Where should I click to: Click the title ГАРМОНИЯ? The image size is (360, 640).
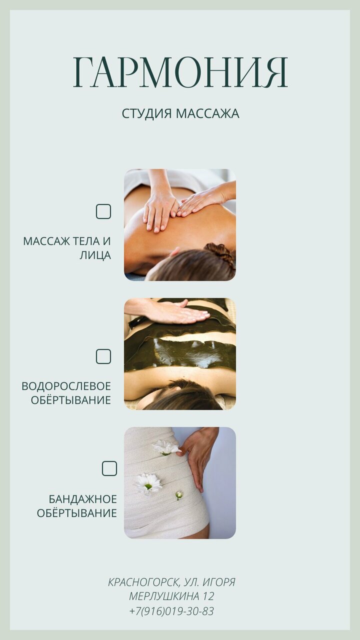pos(180,72)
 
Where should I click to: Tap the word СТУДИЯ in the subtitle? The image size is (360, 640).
pos(147,113)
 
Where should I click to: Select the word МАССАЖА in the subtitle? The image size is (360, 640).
pos(207,113)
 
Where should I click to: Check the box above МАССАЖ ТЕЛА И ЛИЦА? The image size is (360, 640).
pos(103,211)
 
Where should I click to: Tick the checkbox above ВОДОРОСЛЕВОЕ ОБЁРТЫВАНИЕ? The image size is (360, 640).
pos(103,356)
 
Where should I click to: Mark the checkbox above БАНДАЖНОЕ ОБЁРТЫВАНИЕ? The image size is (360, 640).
pos(109,468)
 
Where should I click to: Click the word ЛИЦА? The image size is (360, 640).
pos(95,255)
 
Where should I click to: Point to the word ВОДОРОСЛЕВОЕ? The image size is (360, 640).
pos(66,386)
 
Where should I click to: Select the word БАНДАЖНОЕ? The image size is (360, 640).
pos(82,499)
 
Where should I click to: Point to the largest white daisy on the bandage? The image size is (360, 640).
pos(148,484)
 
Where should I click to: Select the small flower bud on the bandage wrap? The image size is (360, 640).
pos(179,495)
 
